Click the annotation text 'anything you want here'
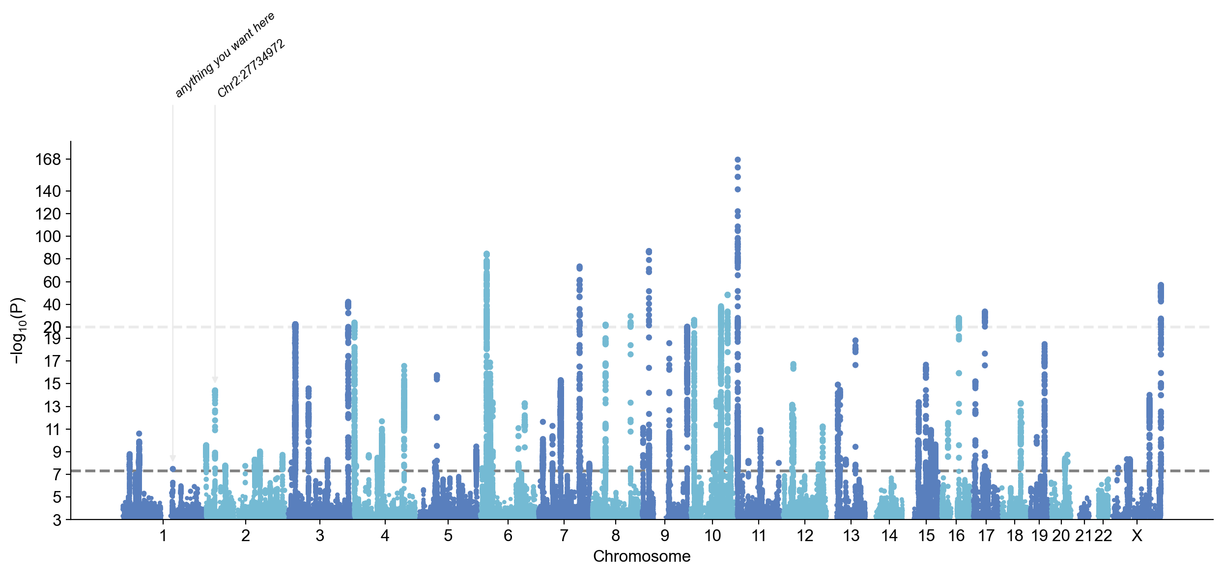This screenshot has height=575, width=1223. (x=225, y=55)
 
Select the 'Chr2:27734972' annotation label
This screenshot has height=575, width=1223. (x=251, y=68)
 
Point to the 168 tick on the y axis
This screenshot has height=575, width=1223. (x=48, y=160)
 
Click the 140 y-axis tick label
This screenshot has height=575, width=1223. (x=48, y=191)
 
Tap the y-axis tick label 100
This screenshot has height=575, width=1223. (x=48, y=237)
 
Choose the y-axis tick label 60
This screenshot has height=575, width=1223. (x=52, y=282)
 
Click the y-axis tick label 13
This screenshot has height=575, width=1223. (x=53, y=407)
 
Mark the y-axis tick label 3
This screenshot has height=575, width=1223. (x=57, y=520)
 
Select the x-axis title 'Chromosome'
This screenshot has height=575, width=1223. (x=641, y=556)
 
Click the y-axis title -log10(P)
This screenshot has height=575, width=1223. (x=17, y=330)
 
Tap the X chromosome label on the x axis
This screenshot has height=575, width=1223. (x=1137, y=536)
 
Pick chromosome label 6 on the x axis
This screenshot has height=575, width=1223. (x=508, y=536)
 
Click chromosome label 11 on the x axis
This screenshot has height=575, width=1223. (x=759, y=536)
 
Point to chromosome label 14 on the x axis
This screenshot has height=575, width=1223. (x=889, y=536)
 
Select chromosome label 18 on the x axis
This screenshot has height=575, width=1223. (x=1015, y=536)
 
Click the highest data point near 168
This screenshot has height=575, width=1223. (x=738, y=160)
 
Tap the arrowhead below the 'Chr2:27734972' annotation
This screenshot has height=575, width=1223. (x=215, y=380)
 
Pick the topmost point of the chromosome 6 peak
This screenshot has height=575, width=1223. (x=486, y=254)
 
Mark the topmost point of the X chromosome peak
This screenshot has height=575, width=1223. (x=1161, y=285)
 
